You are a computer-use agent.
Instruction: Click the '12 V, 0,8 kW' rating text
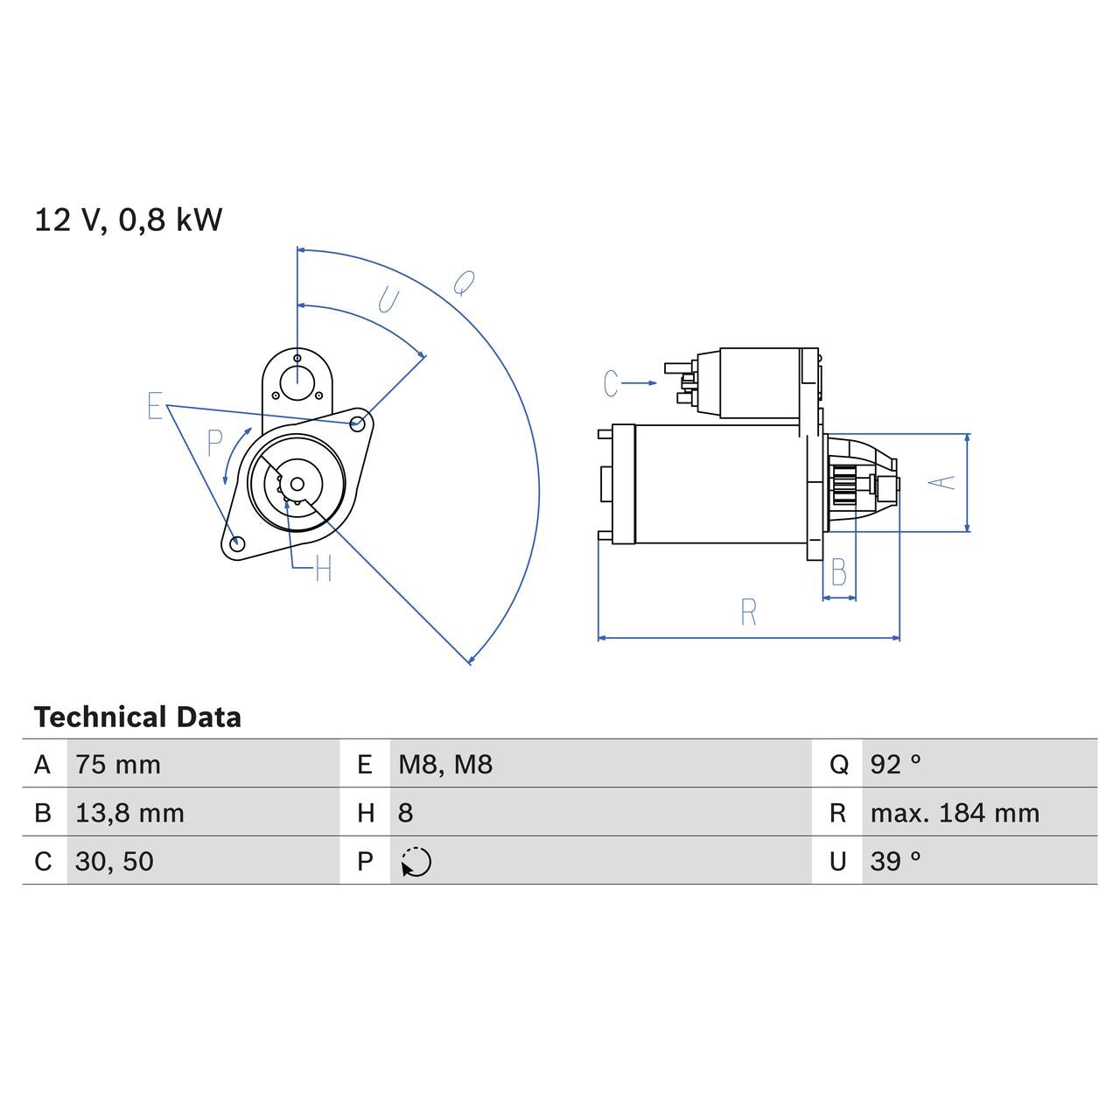[129, 220]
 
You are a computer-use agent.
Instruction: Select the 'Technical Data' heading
[137, 717]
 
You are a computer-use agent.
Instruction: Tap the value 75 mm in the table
[118, 765]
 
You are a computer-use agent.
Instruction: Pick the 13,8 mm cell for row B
[129, 813]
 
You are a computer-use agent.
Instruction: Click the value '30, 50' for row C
[115, 861]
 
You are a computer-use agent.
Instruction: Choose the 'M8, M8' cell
[445, 765]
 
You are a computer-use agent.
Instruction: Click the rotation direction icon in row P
[416, 862]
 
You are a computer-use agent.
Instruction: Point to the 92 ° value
[895, 765]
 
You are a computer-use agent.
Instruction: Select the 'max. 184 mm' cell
[955, 813]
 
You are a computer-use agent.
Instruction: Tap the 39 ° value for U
[895, 861]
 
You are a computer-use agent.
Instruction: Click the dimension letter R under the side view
[748, 612]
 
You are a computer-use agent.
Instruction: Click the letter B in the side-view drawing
[838, 573]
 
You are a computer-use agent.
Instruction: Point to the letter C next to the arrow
[611, 383]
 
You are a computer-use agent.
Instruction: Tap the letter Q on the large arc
[464, 283]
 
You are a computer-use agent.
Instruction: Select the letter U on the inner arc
[388, 301]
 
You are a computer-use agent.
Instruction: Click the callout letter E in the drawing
[155, 407]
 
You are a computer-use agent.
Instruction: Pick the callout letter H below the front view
[323, 570]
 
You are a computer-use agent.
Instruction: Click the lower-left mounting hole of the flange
[235, 543]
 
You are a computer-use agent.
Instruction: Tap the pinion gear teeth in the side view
[843, 486]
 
